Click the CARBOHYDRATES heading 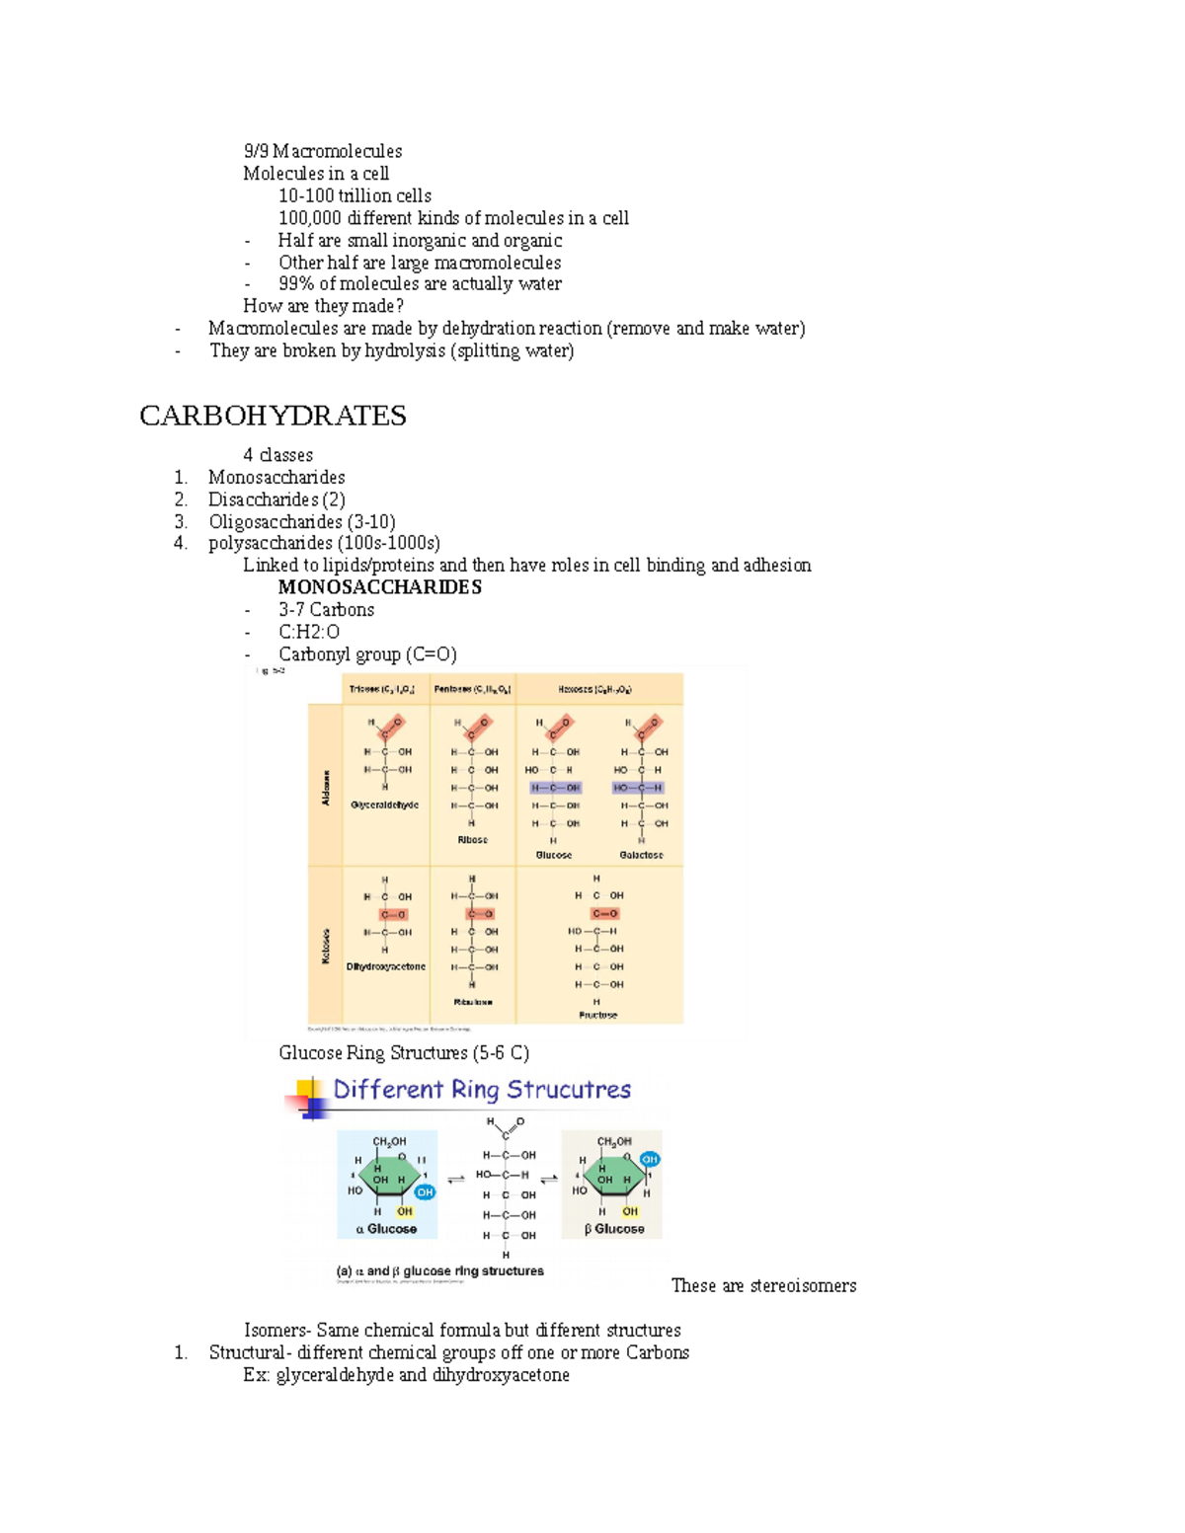tap(273, 416)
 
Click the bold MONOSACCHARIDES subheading tap(379, 587)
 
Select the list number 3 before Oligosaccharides tap(181, 521)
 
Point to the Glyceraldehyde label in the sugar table tap(384, 805)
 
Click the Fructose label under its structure tap(597, 1015)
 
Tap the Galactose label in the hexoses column tap(641, 855)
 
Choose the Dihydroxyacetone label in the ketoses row tap(385, 966)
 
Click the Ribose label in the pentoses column tap(472, 840)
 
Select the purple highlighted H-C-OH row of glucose tap(555, 788)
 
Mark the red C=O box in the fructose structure tap(604, 914)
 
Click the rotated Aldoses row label tap(326, 787)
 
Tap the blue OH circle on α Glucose tap(425, 1192)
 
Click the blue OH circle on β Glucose tap(649, 1159)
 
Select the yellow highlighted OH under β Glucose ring tap(630, 1211)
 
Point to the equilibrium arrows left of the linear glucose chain tap(456, 1179)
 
